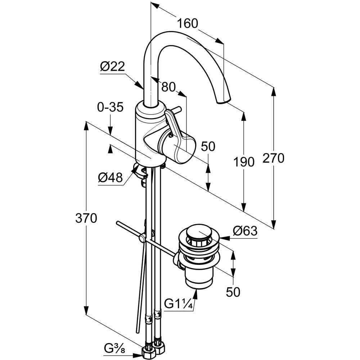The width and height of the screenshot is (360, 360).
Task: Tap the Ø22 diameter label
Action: pos(112,67)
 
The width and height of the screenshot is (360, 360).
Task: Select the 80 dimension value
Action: pos(168,86)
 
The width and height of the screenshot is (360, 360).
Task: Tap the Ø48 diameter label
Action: pos(110,177)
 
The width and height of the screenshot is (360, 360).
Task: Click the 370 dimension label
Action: pos(86,218)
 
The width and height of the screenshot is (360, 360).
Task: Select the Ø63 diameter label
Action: pos(245,230)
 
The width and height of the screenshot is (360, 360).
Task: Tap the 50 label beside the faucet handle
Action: pos(208,146)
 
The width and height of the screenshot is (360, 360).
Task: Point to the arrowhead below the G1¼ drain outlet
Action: pos(196,293)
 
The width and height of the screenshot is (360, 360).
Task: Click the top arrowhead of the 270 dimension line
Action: pos(274,92)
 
